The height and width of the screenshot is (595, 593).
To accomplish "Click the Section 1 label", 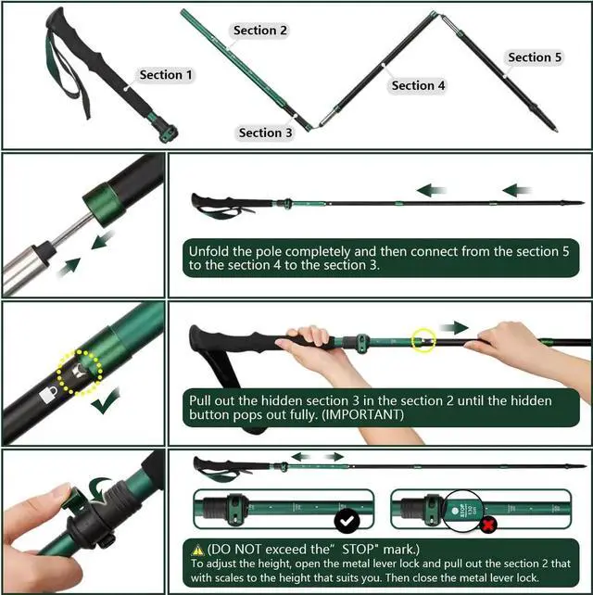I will (167, 74).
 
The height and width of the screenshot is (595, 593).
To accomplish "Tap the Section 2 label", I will (260, 31).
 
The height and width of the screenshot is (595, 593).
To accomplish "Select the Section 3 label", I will (266, 133).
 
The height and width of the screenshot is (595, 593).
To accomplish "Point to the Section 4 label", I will (419, 85).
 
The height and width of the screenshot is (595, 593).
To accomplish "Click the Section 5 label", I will (536, 57).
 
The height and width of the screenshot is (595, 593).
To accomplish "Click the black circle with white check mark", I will (348, 522).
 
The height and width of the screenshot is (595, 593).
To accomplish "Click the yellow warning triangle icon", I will (198, 549).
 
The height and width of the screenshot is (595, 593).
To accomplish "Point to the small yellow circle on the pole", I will (423, 340).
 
